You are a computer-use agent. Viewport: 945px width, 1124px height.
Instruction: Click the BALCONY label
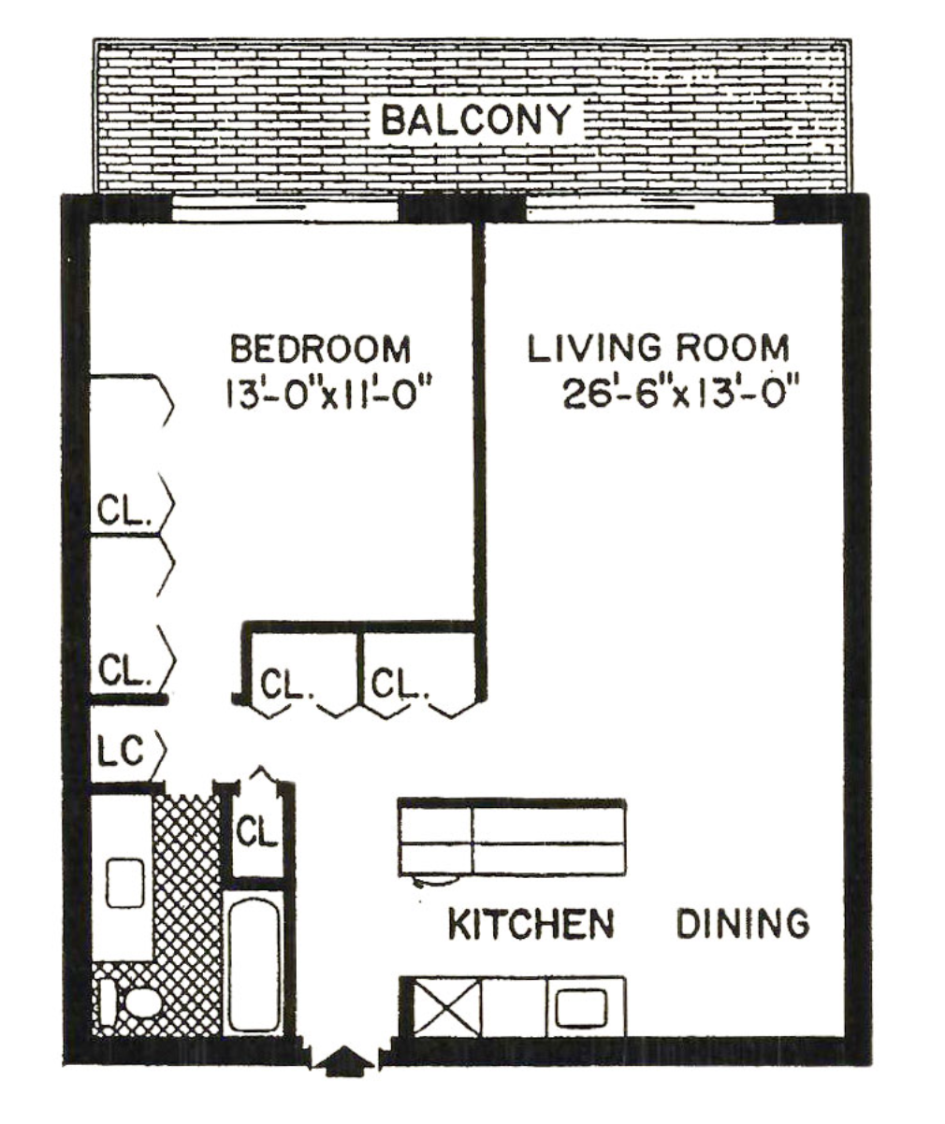click(x=475, y=120)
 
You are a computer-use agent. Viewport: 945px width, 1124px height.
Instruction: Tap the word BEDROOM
click(x=321, y=348)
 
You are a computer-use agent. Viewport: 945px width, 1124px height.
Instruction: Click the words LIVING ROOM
click(x=658, y=348)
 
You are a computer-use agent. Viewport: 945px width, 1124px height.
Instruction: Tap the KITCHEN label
click(x=531, y=924)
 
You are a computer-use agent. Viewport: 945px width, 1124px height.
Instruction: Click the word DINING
click(x=743, y=924)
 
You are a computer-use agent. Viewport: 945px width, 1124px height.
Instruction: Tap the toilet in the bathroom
click(x=131, y=1002)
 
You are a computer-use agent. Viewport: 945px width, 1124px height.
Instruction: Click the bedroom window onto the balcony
click(x=284, y=209)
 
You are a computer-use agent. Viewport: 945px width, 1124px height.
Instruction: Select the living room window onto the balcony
click(x=649, y=209)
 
